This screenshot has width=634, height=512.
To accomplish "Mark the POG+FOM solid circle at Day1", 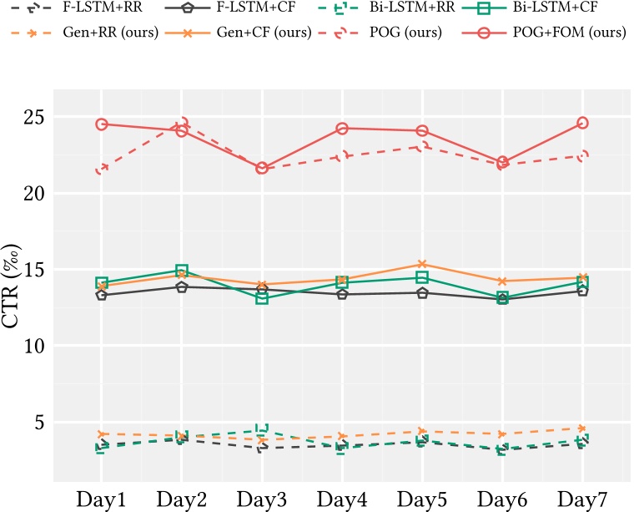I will pos(102,124).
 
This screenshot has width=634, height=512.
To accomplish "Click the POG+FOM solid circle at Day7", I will pos(582,123).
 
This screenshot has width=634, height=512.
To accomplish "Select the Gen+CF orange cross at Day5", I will pos(422,264).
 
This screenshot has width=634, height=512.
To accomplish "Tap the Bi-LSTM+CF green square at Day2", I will pos(182,271).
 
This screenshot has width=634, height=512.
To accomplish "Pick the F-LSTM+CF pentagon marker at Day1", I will pos(102,295).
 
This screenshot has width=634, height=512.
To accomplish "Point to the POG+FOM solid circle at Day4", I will pos(342,129).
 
